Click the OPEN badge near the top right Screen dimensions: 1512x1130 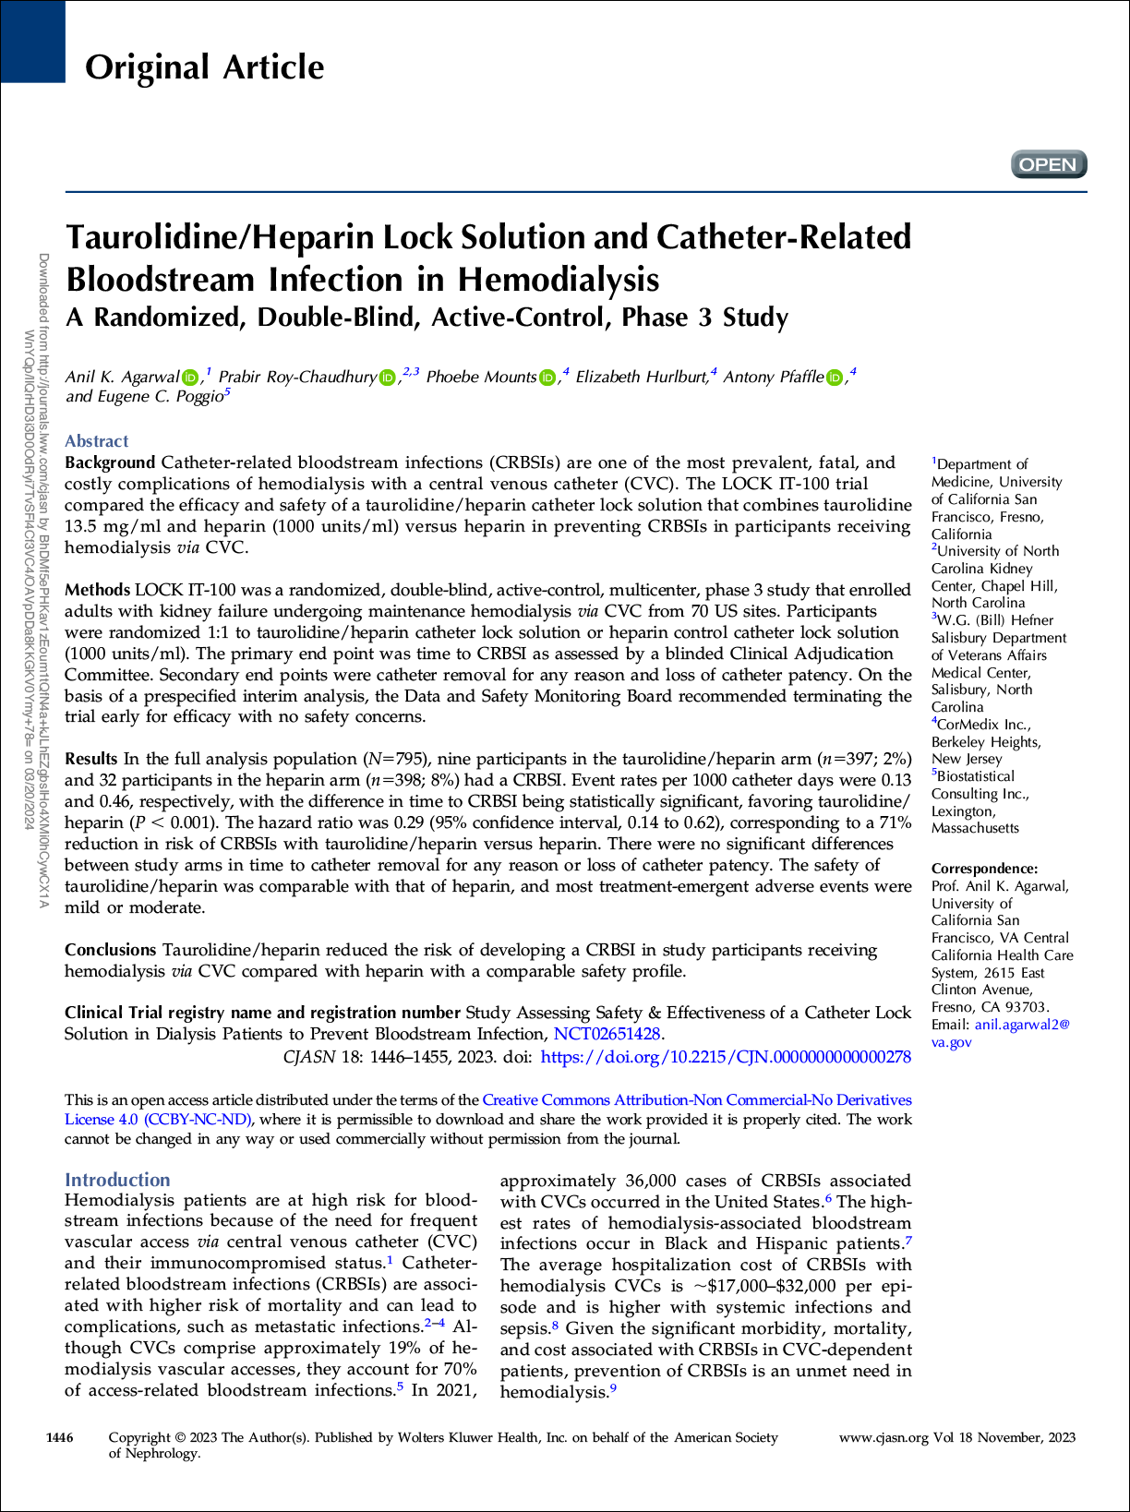pos(1049,164)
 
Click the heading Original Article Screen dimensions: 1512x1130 pos(204,67)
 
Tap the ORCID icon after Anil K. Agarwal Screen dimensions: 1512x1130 pos(191,378)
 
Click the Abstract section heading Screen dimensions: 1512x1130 pos(96,441)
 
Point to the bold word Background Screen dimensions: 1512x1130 pos(110,462)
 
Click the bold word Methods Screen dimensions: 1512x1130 pos(97,590)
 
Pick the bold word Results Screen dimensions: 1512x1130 pos(90,759)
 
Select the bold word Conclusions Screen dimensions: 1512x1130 pos(110,950)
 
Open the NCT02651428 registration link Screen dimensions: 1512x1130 pos(607,1034)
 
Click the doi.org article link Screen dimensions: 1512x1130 pos(726,1057)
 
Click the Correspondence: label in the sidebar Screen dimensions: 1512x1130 pos(984,869)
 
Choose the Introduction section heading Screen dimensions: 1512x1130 pos(117,1180)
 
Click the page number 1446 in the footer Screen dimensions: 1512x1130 pos(59,1437)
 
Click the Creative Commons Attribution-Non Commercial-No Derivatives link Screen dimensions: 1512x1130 pos(697,1100)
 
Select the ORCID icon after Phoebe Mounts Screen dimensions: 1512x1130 pos(547,378)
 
